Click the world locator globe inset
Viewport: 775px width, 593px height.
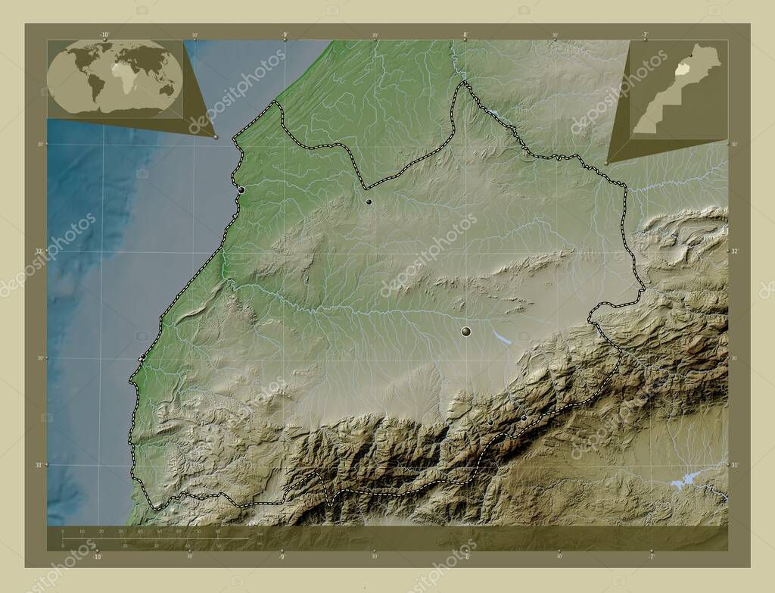pos(115,77)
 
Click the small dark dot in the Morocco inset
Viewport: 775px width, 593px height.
pos(690,55)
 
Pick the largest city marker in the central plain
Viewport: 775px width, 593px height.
pos(465,331)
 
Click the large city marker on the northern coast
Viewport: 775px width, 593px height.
pos(241,189)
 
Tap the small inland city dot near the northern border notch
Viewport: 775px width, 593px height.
pos(369,201)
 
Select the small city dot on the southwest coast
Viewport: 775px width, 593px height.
pos(142,356)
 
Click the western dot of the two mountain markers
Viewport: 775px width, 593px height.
pos(490,422)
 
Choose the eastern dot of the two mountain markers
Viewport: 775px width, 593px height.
pos(523,417)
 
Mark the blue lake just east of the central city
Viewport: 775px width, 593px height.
pos(501,336)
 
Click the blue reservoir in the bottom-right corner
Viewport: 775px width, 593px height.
pos(686,478)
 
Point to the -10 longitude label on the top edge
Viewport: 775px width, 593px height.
pos(104,34)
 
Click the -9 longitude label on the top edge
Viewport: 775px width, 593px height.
pos(285,34)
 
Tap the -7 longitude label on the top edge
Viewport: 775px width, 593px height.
pos(644,34)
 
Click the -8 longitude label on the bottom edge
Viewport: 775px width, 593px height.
pos(465,557)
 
